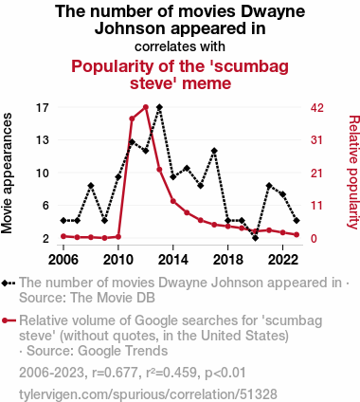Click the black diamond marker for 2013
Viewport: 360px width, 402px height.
click(x=159, y=107)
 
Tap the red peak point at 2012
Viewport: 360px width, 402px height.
click(x=146, y=107)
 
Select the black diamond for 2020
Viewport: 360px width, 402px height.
click(x=256, y=238)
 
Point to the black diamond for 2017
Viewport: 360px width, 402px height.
click(x=214, y=151)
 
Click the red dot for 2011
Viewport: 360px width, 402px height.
click(x=132, y=119)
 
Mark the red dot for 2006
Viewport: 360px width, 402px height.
click(x=63, y=236)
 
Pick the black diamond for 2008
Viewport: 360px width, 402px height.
click(x=91, y=186)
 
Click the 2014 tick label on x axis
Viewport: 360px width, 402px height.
click(x=173, y=260)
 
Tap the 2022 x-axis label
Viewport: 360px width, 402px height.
click(x=282, y=260)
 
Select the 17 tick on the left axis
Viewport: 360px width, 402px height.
click(x=43, y=108)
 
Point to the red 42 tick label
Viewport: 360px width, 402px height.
click(x=317, y=108)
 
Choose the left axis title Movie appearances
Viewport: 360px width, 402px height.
click(x=7, y=174)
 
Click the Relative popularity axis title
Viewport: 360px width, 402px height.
click(x=354, y=172)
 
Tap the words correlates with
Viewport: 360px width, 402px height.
click(x=180, y=46)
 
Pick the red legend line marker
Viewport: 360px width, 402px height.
click(x=9, y=320)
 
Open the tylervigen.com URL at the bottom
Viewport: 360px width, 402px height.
click(x=148, y=394)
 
